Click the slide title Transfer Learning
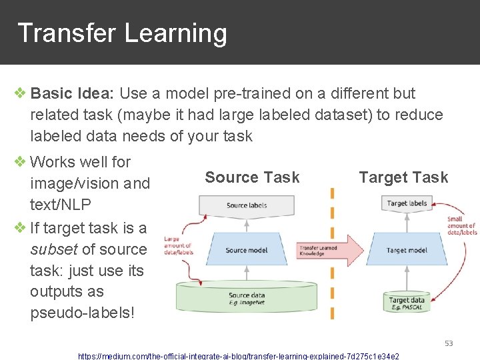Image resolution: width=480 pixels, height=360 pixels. [x=122, y=33]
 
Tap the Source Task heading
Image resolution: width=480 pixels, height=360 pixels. [x=252, y=177]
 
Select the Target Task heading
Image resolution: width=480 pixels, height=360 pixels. [x=403, y=177]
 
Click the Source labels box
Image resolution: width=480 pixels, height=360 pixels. [x=247, y=206]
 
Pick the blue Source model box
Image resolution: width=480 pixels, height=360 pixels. [x=246, y=250]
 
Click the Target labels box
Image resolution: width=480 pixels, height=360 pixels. [x=407, y=204]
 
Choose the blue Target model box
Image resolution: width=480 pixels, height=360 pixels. [x=407, y=250]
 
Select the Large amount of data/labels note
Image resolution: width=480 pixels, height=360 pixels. [x=178, y=245]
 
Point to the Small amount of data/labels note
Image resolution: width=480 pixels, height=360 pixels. [x=462, y=225]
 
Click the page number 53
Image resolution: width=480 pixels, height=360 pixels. [x=449, y=343]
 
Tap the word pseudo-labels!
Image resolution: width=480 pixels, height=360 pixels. [x=82, y=313]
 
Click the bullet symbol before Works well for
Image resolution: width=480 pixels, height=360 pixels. [x=21, y=161]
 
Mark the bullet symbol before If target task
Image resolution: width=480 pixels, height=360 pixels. [x=21, y=228]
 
